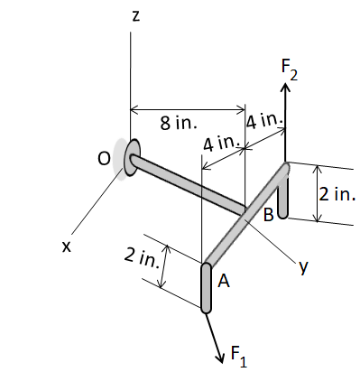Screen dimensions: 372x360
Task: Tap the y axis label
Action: point(303,266)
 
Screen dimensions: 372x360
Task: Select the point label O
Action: point(105,157)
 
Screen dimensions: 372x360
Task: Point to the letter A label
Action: point(223,282)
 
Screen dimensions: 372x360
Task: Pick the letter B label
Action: point(268,215)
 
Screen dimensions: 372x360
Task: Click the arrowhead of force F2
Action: point(286,88)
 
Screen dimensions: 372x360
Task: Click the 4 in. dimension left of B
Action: point(219,143)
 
